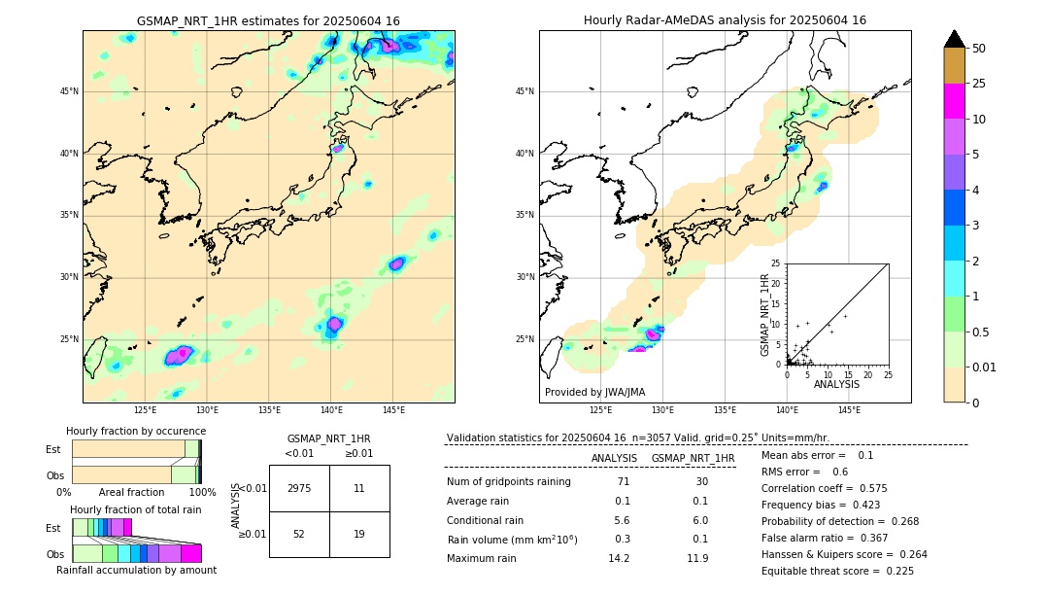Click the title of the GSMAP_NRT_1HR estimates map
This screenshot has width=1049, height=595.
point(268,20)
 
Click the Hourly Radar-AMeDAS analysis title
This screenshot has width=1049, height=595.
point(725,20)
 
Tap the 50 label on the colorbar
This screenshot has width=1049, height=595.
point(979,48)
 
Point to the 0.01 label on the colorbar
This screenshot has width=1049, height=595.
point(985,367)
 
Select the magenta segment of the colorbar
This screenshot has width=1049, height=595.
point(954,101)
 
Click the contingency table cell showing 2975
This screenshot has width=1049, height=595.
point(299,488)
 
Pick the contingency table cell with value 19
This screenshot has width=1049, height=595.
point(359,534)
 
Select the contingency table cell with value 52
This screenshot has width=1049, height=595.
point(299,534)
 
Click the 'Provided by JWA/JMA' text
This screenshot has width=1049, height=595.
point(594,392)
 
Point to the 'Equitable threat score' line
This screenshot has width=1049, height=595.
point(837,571)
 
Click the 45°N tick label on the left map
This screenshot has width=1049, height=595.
point(69,91)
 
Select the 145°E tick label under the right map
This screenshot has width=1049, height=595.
point(849,410)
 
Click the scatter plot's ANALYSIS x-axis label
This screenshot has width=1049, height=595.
point(836,384)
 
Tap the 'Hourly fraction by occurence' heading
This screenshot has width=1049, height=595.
point(136,431)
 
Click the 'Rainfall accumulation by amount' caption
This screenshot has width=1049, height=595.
point(136,570)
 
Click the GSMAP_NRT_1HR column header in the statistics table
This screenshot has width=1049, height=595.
point(693,458)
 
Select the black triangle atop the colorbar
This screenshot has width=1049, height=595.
point(955,39)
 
